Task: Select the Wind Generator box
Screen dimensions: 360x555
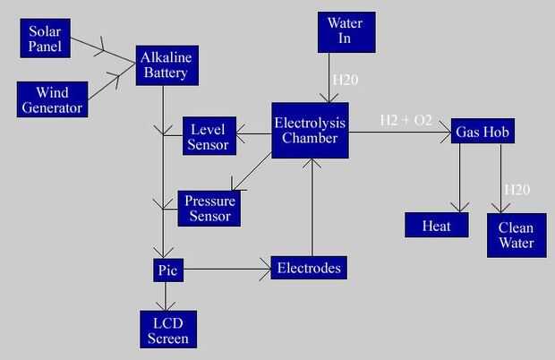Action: click(51, 99)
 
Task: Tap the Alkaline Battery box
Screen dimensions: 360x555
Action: click(166, 65)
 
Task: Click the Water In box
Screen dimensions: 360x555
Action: click(345, 31)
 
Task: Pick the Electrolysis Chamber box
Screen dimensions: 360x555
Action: click(309, 131)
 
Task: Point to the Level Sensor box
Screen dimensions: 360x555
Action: click(209, 135)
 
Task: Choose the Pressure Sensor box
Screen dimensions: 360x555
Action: click(209, 208)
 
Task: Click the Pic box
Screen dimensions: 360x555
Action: click(165, 268)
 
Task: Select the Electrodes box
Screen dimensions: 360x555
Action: click(309, 267)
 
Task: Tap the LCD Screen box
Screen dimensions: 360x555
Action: click(167, 330)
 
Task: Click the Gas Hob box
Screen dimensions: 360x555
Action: click(482, 132)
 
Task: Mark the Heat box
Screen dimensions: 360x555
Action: click(436, 225)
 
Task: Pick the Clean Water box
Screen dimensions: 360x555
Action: click(516, 235)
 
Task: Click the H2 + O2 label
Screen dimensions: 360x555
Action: click(406, 120)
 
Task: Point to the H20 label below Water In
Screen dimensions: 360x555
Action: click(346, 80)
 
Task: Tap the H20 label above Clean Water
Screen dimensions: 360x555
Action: click(517, 189)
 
